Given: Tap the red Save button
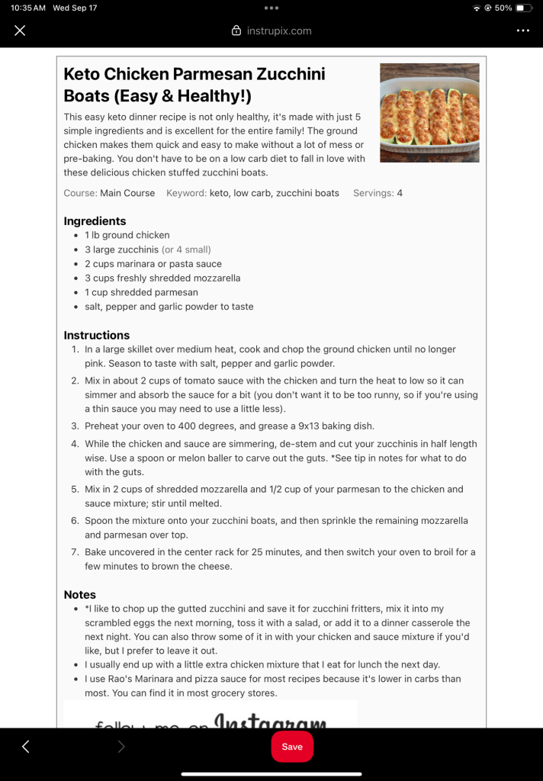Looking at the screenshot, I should (x=292, y=747).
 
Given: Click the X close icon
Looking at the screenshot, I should (x=20, y=31).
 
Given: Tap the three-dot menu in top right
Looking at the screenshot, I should (x=522, y=31).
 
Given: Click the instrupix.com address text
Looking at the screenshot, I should (x=279, y=31).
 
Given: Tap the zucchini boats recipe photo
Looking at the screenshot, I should (x=429, y=113).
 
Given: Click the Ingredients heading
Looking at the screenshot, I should (x=95, y=221).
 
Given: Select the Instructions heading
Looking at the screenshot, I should (x=97, y=335).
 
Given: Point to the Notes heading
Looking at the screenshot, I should (x=80, y=594).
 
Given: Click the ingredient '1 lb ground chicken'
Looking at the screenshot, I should (x=127, y=235).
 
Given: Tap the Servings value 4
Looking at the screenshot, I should (x=400, y=193).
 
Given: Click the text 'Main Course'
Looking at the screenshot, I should (x=127, y=193).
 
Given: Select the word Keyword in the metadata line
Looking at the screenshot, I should (x=186, y=193).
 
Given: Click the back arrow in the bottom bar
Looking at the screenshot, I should (x=25, y=747).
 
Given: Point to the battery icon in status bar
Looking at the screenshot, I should (x=523, y=8).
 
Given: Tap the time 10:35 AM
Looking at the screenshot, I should (x=28, y=8).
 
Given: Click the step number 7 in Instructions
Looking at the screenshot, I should (x=75, y=551).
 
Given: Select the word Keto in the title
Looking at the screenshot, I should (x=82, y=74).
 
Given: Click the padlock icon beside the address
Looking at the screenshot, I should (x=236, y=31).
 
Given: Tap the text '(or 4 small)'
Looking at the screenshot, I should (x=186, y=249).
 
